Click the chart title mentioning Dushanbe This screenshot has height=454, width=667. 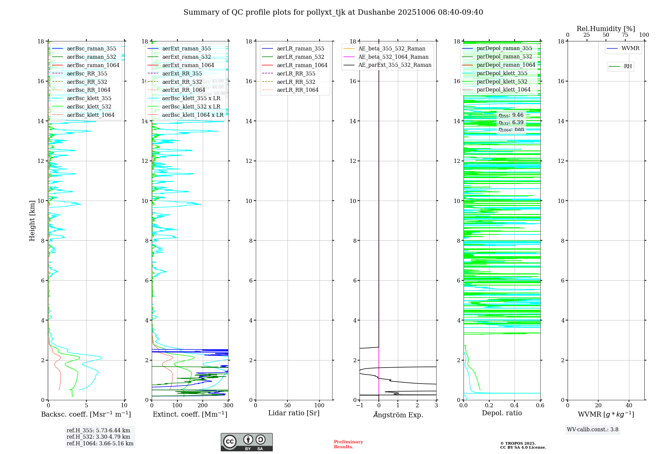333,12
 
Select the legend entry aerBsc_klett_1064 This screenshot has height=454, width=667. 90,115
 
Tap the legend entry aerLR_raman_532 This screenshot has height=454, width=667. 300,57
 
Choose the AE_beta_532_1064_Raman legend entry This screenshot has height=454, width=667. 393,57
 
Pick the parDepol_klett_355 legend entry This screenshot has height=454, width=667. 502,73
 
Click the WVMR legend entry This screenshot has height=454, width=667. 630,48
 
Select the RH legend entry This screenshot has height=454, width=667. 628,66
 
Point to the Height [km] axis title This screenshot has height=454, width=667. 32,220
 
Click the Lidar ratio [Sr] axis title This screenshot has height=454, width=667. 294,413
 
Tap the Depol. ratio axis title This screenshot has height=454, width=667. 502,413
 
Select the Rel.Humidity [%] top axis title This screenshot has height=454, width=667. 606,29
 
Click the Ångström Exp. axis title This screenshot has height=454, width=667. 398,415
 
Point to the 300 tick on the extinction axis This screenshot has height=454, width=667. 228,406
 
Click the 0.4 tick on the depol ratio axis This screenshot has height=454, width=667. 515,406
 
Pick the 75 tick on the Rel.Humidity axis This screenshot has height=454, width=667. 625,35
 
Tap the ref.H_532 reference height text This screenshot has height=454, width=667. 98,437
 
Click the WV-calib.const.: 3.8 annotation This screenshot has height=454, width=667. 592,429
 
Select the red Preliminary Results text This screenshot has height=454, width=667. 348,444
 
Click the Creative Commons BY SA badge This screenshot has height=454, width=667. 246,442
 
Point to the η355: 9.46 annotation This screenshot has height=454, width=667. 511,115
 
